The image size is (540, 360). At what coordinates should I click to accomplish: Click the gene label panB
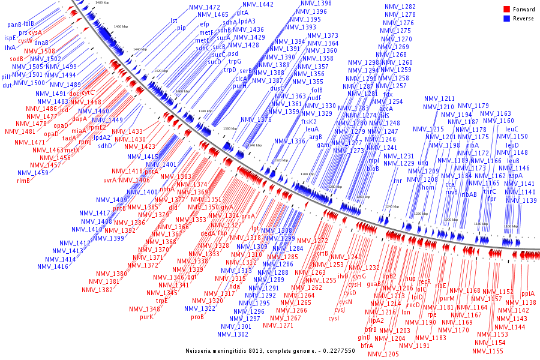14,25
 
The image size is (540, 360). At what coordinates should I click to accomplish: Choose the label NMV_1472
204,7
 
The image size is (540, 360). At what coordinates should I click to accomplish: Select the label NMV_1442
258,5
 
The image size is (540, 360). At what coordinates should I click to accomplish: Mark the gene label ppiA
527,294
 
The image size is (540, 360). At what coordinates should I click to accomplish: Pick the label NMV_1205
383,354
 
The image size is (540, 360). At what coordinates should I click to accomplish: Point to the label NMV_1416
53,266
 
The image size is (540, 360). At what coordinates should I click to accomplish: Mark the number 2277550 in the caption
340,350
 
